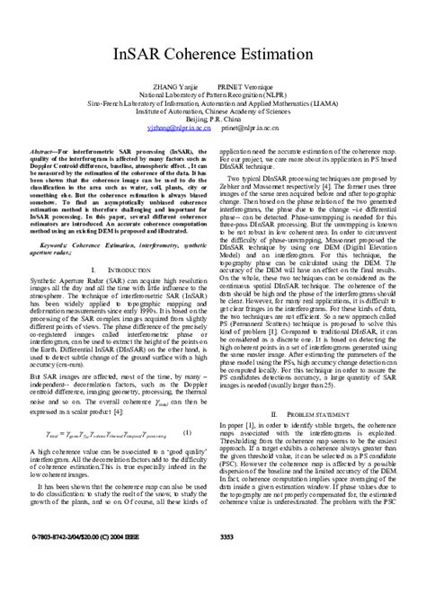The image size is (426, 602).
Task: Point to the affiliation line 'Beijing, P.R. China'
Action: (214, 119)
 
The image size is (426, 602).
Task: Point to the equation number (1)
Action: (186, 432)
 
